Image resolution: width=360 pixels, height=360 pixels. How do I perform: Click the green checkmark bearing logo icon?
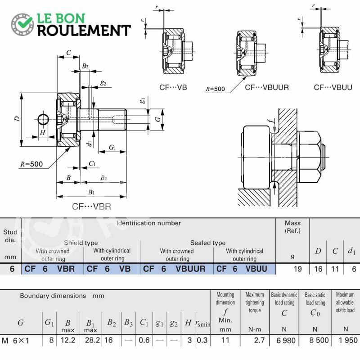22,24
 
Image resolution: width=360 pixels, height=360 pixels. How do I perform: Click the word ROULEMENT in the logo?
84,31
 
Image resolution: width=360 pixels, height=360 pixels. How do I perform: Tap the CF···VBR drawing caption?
92,207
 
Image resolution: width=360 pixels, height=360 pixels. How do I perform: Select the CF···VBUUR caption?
267,87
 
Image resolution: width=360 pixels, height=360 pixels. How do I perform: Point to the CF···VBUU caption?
333,87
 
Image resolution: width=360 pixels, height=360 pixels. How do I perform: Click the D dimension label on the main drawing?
17,119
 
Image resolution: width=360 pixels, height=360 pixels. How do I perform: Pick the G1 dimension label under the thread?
112,147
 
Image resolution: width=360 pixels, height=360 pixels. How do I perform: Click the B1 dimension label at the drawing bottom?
91,192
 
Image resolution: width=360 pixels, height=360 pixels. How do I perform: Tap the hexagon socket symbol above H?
43,119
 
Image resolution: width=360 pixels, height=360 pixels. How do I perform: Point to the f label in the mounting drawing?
273,121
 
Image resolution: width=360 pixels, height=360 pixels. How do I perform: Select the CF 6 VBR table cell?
53,269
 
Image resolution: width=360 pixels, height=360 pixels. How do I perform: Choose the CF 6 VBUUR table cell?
177,269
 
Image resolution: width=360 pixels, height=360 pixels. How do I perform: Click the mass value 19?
297,269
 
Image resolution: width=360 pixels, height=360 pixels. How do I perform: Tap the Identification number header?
148,223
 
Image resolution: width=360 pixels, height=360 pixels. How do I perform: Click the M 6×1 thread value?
15,341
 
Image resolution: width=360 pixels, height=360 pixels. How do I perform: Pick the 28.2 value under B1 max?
92,340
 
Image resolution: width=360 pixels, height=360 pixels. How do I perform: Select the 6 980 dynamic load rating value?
286,340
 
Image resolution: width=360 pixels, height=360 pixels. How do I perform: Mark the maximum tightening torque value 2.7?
260,340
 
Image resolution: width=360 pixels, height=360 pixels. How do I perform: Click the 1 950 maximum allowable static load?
348,340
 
